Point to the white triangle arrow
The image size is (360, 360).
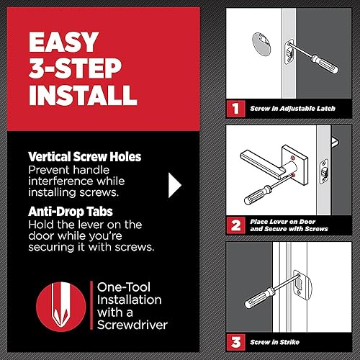click(175, 184)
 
